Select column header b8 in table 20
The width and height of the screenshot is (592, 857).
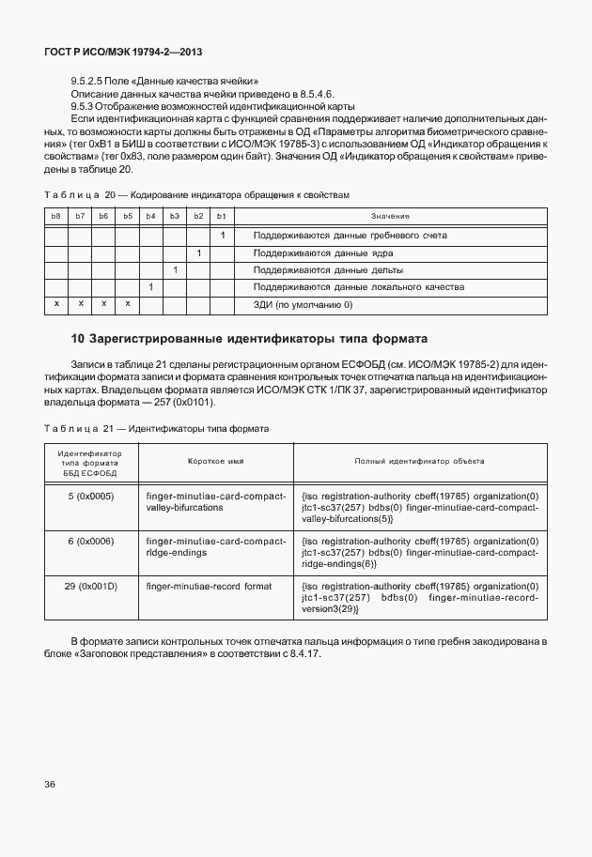pyautogui.click(x=56, y=217)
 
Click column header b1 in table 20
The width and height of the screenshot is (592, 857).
pyautogui.click(x=222, y=217)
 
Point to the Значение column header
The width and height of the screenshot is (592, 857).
pyautogui.click(x=390, y=217)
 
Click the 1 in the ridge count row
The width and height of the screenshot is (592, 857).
pyautogui.click(x=222, y=235)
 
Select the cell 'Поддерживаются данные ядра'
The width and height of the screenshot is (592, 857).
pyautogui.click(x=323, y=253)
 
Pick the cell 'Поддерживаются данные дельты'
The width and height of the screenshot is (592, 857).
pyautogui.click(x=328, y=269)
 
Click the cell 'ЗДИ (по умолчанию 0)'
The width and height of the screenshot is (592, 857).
pyautogui.click(x=303, y=304)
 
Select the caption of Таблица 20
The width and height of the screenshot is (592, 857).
pyautogui.click(x=196, y=194)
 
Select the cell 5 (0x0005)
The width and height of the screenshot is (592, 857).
pyautogui.click(x=91, y=495)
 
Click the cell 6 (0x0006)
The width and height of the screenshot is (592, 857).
pyautogui.click(x=91, y=542)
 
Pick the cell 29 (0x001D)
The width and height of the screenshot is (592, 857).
pyautogui.click(x=91, y=586)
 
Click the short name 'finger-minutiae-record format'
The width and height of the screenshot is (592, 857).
pyautogui.click(x=209, y=586)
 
